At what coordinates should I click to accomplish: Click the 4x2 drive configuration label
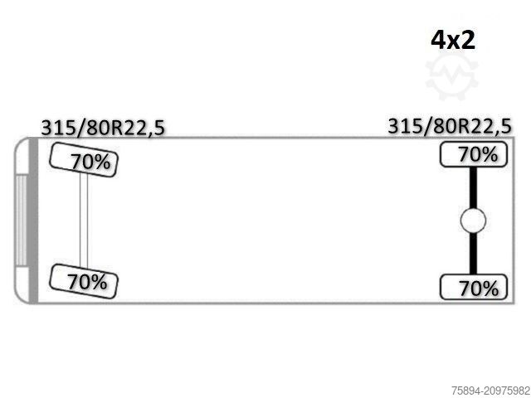(x=453, y=41)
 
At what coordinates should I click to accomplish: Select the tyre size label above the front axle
(x=103, y=129)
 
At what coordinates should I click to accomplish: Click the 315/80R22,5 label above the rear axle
(x=450, y=127)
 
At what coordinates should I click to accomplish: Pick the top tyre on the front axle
(x=84, y=160)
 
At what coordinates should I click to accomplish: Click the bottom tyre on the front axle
(x=83, y=281)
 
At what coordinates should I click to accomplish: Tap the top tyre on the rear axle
(x=474, y=154)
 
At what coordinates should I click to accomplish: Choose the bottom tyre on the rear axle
(x=474, y=287)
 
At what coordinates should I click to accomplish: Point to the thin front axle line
(x=84, y=221)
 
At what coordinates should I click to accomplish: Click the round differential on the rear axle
(x=473, y=221)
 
